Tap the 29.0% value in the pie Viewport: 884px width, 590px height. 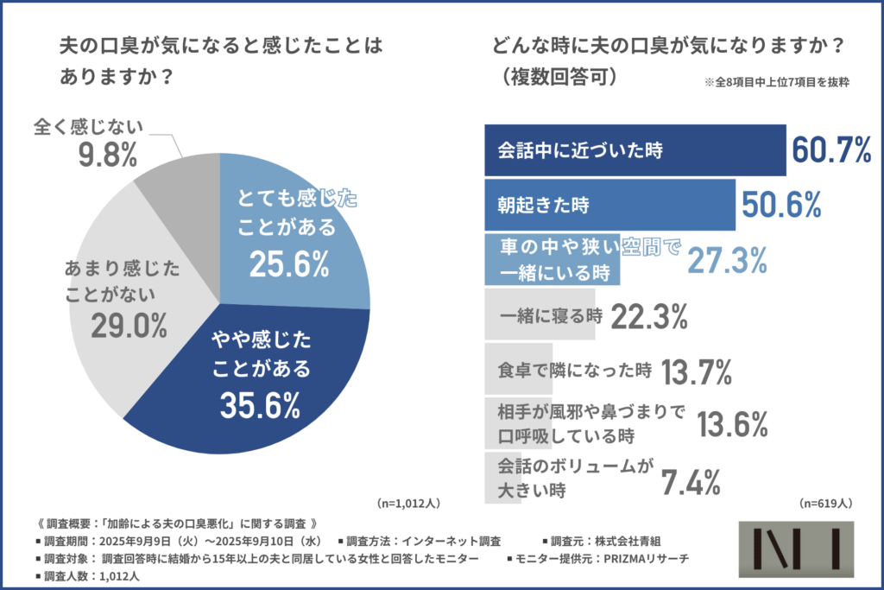point(129,326)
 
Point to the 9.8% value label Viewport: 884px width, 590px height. point(108,156)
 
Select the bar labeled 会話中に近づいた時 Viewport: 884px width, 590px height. point(635,150)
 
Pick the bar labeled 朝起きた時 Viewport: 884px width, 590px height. point(609,205)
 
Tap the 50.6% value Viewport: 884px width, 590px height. point(781,205)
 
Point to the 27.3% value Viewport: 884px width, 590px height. point(728,259)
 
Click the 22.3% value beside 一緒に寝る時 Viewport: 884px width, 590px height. point(648,317)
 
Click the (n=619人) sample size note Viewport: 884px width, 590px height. point(826,503)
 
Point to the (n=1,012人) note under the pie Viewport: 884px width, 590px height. point(410,502)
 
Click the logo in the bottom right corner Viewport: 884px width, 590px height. point(796,551)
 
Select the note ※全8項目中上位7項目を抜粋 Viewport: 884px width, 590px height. point(777,83)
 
